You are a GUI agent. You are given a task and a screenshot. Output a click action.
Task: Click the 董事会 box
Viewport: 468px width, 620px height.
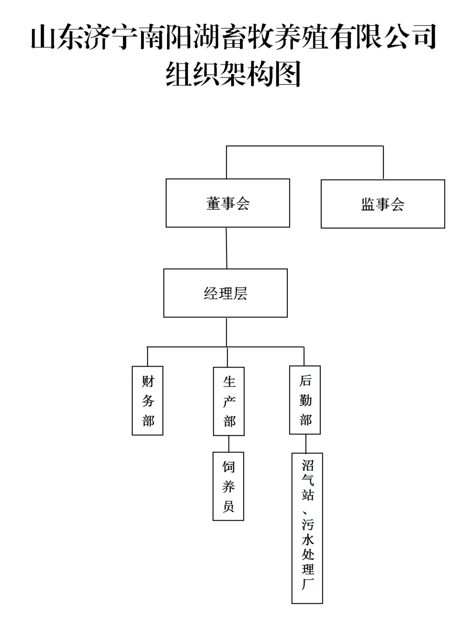pos(227,203)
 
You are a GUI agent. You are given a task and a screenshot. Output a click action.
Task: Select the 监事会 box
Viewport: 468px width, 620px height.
pos(383,204)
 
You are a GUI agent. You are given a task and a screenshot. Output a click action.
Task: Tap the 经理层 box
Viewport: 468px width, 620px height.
pos(225,293)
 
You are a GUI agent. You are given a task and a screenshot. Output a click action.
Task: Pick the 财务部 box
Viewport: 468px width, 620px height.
pos(148,401)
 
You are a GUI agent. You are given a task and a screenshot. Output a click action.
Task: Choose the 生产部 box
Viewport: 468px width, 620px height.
pos(229,402)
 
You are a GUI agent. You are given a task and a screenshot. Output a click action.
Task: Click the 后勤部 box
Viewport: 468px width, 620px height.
pos(305,400)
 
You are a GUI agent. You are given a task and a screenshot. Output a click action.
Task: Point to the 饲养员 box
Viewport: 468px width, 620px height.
pos(228,486)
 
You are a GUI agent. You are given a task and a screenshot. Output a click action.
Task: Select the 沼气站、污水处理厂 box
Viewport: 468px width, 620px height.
pos(307,528)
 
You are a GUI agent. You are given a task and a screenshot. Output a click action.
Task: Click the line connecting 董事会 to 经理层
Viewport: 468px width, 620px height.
pos(227,248)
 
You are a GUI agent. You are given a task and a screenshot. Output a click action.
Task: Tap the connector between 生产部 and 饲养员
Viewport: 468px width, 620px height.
pos(229,444)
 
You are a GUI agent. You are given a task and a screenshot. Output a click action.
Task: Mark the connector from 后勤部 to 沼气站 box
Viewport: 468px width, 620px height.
pos(305,444)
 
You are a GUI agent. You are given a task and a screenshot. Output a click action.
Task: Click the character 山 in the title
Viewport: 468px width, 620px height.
pos(44,37)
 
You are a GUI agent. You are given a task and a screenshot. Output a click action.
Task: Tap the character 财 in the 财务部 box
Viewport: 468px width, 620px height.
pos(148,381)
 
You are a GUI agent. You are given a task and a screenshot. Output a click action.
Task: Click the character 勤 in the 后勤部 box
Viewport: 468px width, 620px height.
pos(305,400)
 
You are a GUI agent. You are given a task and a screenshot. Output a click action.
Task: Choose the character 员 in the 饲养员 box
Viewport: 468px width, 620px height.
pos(228,506)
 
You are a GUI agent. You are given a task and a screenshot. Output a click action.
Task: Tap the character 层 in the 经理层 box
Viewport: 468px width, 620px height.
pos(240,293)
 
